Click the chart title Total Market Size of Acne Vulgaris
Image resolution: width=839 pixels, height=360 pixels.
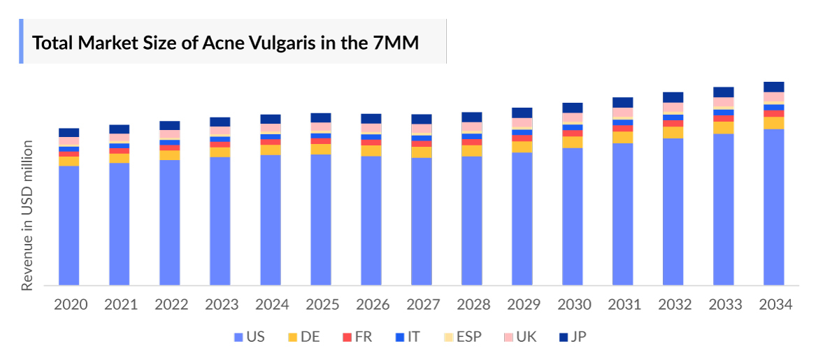pos(226,43)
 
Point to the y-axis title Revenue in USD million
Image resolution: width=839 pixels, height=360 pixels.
pos(27,215)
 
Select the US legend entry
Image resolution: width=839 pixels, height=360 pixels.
pos(249,337)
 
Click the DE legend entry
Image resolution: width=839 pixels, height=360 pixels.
pos(303,337)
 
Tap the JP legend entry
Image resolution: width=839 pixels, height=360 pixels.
pos(571,337)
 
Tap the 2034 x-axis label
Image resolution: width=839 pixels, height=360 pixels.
pos(774,305)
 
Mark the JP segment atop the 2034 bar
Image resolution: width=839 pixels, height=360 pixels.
pos(774,87)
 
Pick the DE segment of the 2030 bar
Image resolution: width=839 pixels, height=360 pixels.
pos(573,142)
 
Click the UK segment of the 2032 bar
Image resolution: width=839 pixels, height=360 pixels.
pos(673,107)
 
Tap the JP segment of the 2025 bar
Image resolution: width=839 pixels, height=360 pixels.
pos(321,117)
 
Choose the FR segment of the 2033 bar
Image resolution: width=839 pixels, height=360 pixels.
pos(724,119)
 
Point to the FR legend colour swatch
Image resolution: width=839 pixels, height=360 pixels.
pos(346,337)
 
